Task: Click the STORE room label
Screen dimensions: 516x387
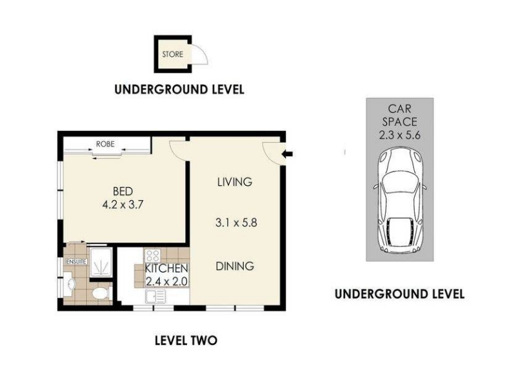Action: point(172,54)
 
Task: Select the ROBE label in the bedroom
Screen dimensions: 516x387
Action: point(105,144)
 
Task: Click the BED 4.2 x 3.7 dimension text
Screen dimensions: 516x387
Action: point(123,198)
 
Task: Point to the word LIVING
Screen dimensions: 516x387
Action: point(235,182)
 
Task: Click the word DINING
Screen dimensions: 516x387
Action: point(235,266)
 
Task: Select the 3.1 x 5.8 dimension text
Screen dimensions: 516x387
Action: point(236,223)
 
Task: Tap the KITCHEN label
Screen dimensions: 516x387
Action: point(166,268)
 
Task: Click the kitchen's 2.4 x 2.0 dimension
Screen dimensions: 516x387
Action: point(166,281)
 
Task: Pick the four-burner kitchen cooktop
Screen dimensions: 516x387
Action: point(152,255)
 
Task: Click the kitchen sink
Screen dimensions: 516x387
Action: point(155,297)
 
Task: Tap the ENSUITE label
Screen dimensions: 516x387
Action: point(77,262)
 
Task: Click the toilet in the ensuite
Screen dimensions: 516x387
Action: point(101,293)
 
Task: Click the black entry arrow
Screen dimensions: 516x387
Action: point(288,154)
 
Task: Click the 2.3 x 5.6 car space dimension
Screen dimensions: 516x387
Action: point(399,135)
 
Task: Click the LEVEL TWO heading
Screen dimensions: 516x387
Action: point(186,341)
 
